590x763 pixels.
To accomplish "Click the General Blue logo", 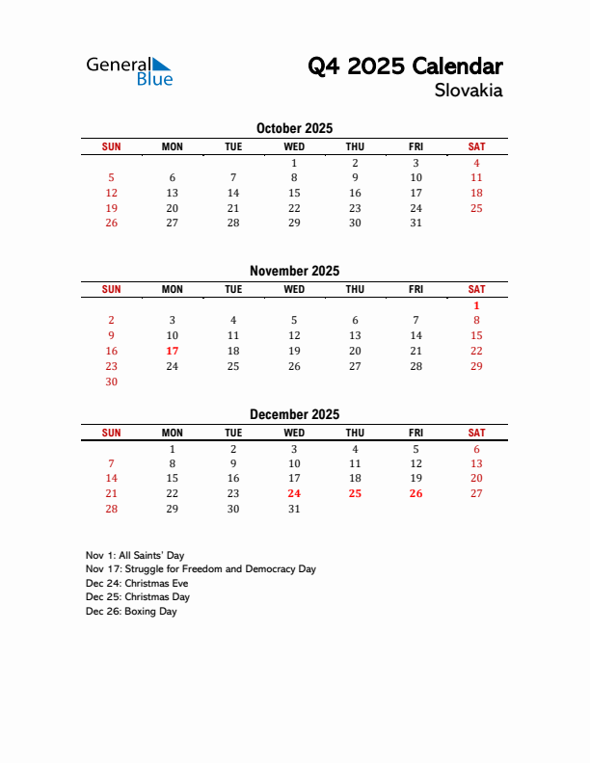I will [129, 70].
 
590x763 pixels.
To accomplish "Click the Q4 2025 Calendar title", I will [405, 66].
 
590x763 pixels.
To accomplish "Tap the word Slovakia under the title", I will [469, 92].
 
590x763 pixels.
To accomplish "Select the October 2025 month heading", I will [294, 128].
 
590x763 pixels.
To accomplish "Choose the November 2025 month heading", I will [294, 271].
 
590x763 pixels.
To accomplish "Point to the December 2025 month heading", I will [294, 414].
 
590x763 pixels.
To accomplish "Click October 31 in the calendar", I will [416, 223].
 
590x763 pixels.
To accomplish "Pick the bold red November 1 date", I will [476, 305].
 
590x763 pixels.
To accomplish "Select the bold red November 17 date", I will [173, 351].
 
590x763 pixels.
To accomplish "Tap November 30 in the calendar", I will [111, 381].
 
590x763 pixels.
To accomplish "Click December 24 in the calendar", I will [294, 493].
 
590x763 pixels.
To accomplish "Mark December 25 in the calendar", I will [355, 493].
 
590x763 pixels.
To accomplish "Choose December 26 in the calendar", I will [416, 493].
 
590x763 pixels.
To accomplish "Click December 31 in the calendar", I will [294, 509].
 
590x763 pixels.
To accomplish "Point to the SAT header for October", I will [476, 146].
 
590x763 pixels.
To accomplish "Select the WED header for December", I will [294, 433].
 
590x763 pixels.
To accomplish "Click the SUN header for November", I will [111, 289].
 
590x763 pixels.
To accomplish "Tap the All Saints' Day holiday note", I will [135, 555].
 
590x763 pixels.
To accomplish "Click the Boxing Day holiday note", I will [131, 611].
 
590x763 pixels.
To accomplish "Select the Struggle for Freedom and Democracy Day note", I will [201, 569].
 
